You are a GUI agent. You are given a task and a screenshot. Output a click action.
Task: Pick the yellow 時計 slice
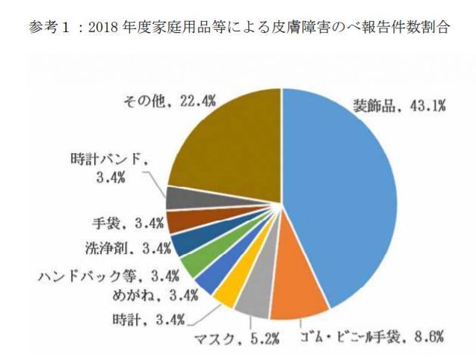[x=225, y=291]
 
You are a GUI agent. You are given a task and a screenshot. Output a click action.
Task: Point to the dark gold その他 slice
[x=224, y=142]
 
